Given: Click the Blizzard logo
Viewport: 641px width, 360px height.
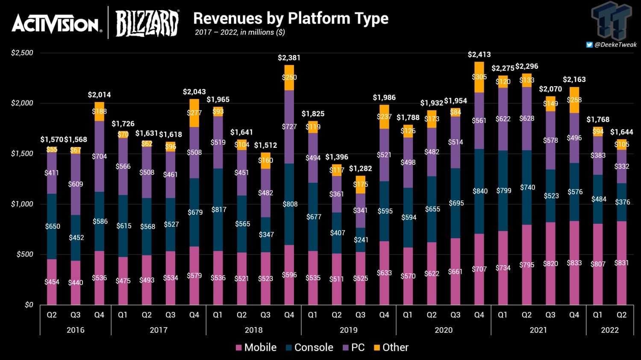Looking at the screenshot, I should point(147,23).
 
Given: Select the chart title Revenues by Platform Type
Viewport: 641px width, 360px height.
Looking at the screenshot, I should point(291,18).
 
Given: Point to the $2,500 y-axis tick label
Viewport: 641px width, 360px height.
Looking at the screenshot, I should point(22,53).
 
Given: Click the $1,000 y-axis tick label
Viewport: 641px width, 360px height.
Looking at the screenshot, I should point(22,204).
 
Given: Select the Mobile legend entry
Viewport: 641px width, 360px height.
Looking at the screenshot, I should point(256,348).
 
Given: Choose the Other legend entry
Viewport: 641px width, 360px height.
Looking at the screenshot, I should point(391,348).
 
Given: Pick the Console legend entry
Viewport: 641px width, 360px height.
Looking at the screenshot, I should point(309,348).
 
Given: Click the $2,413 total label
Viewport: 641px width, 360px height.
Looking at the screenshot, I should point(479,55).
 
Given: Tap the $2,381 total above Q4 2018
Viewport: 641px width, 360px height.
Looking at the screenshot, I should point(289,58).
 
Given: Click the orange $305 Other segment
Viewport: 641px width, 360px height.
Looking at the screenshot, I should point(479,77).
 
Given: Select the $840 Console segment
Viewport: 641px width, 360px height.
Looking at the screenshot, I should point(479,191).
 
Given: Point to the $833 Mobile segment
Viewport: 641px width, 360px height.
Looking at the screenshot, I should point(574,263).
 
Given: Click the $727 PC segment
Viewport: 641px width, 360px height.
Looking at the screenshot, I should point(289,127).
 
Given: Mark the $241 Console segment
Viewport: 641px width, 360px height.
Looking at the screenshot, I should point(360,240).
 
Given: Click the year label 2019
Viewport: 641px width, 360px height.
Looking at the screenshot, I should point(348,330).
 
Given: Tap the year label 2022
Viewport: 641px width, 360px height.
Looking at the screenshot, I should point(609,330).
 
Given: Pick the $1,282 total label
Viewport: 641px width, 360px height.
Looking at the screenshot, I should point(360,169).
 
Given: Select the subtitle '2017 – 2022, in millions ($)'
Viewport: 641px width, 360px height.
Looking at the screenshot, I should point(240,32).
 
